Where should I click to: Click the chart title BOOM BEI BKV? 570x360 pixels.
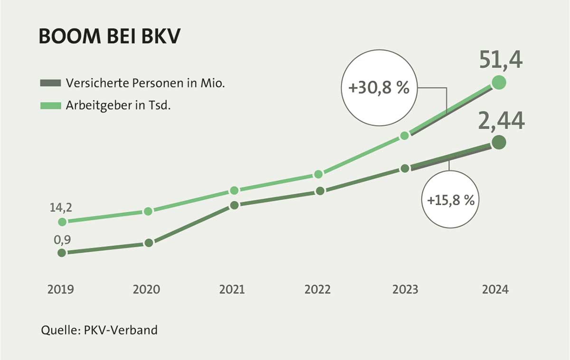click(x=109, y=37)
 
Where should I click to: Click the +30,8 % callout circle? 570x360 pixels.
click(x=379, y=89)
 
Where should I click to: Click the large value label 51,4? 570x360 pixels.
click(x=500, y=61)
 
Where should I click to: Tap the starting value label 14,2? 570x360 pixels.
click(x=61, y=208)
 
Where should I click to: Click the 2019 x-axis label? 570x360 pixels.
click(x=61, y=289)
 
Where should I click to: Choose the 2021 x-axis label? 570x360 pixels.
click(x=233, y=289)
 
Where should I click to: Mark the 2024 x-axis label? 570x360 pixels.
click(x=495, y=289)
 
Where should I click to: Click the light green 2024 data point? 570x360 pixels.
click(x=498, y=83)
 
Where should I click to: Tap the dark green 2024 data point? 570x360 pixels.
click(x=498, y=142)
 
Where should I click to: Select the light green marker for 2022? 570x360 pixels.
click(x=319, y=174)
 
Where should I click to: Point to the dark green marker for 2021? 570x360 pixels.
click(x=234, y=205)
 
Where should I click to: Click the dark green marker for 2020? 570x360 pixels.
click(x=148, y=243)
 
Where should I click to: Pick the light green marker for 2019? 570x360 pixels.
click(x=62, y=222)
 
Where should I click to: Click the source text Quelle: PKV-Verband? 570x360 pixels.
click(x=99, y=330)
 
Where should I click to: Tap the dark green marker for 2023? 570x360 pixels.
click(x=405, y=168)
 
